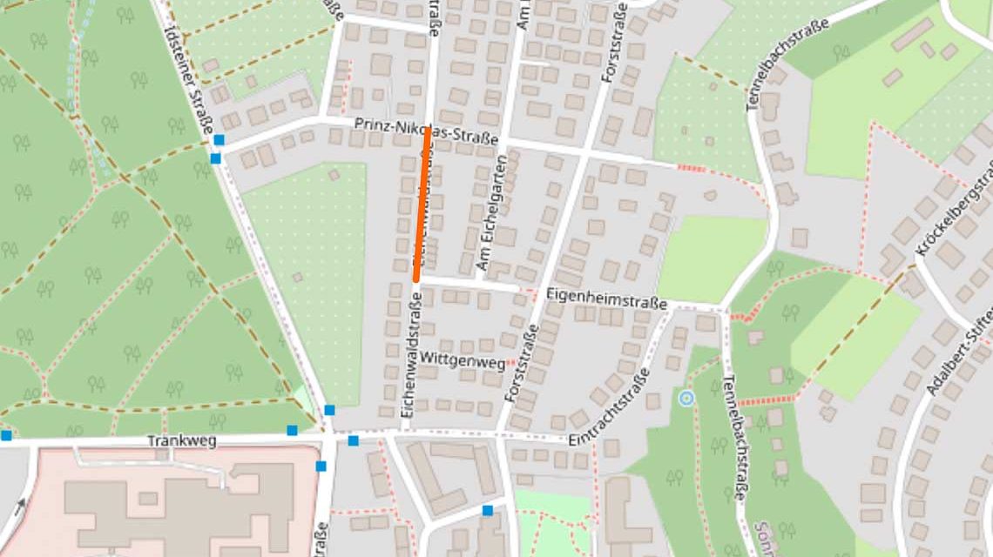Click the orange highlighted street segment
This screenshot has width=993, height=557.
coord(422,205)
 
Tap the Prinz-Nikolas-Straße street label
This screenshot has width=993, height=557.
coord(426,132)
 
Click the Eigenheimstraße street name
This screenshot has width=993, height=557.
coord(606,299)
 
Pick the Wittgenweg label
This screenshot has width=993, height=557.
coord(462,359)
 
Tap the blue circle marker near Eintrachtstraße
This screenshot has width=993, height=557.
coord(686,399)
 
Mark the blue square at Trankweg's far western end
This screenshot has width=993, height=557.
coord(6,435)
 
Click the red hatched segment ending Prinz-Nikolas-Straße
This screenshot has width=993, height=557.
coord(691,167)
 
